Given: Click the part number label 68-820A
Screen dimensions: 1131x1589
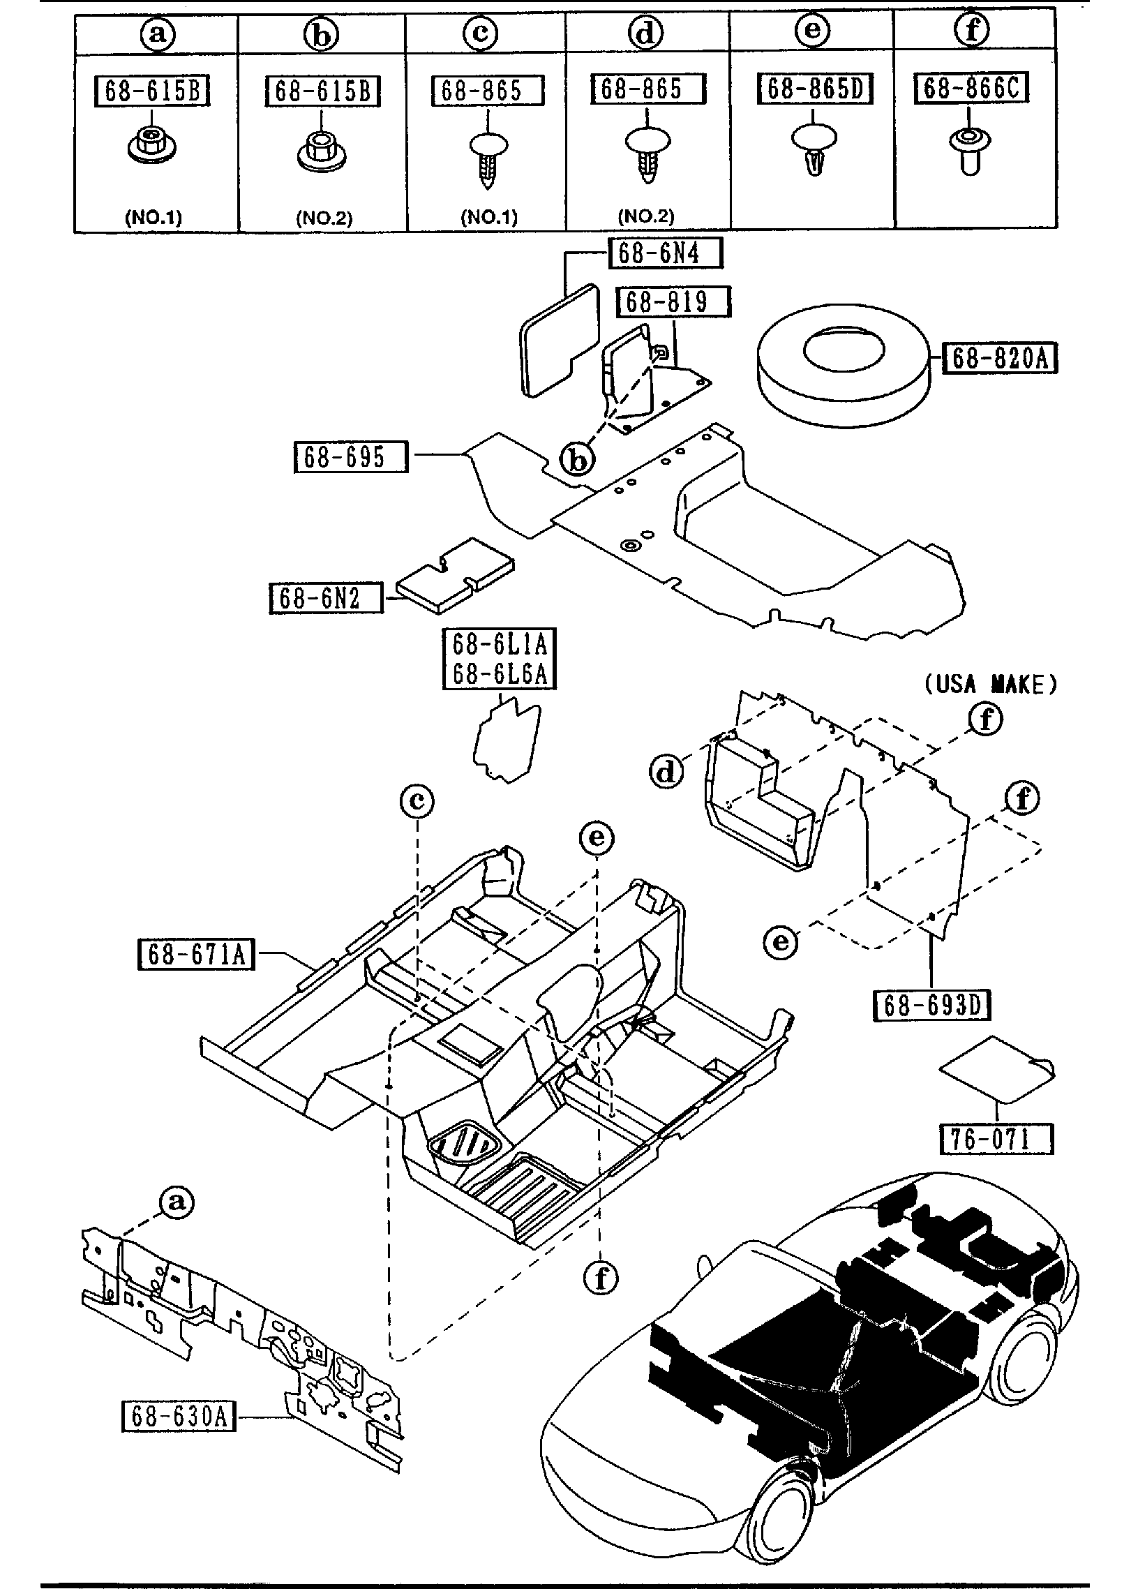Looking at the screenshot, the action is click(x=1000, y=359).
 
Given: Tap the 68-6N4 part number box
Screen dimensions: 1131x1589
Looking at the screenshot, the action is click(x=666, y=253).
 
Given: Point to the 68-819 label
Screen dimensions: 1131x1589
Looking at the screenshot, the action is click(x=673, y=302).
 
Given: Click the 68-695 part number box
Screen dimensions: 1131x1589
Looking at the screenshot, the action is click(x=350, y=457).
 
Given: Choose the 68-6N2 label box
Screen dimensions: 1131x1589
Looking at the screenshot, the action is click(x=327, y=598).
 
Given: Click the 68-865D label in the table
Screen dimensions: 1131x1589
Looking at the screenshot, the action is click(x=815, y=89).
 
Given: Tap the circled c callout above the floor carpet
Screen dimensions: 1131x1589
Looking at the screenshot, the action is click(x=417, y=801).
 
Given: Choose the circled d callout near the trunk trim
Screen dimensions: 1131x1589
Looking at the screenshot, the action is click(x=667, y=773).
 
